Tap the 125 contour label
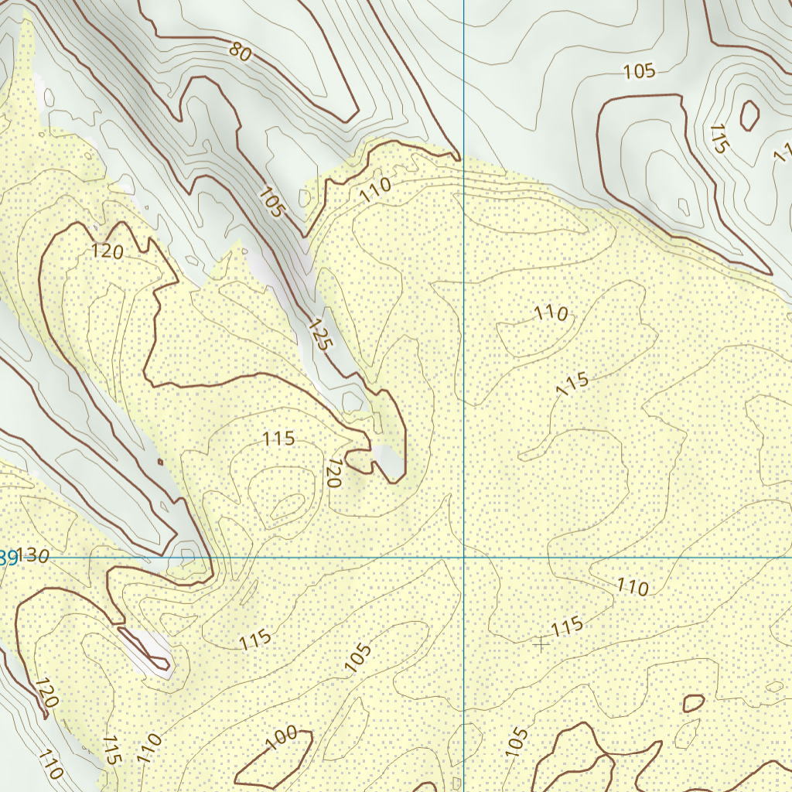coord(319,334)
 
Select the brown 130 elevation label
coord(34,556)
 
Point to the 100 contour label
coord(281,739)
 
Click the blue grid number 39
coord(9,557)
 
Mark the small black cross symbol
coord(541,643)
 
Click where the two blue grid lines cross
coord(464,557)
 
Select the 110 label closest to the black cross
coord(632,587)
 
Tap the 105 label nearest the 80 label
coord(272,201)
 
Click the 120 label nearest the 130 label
coord(46,693)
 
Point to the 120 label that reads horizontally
coord(108,251)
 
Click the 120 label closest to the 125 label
coord(333,472)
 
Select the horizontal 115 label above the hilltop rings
coord(278,439)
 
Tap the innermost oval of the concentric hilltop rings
coord(287,507)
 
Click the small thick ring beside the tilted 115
coord(749,115)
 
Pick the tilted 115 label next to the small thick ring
coord(719,138)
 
